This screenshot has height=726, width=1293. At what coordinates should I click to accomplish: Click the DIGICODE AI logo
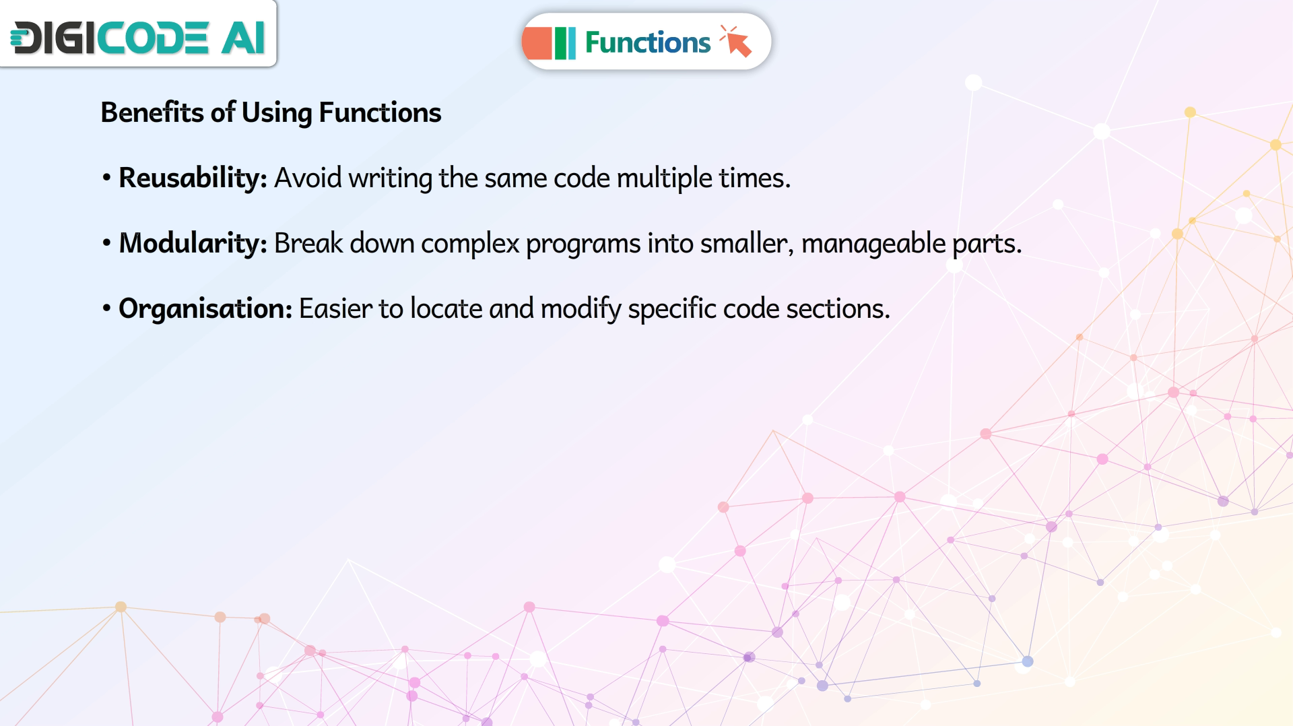(x=137, y=37)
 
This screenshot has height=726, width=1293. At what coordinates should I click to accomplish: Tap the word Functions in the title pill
(x=647, y=42)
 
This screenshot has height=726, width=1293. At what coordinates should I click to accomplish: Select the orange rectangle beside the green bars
(x=537, y=43)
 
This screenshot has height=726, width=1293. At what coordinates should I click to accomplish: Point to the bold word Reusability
(x=193, y=178)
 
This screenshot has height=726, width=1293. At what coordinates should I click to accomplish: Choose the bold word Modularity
(x=193, y=243)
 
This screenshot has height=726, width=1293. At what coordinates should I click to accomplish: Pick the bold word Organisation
(x=205, y=308)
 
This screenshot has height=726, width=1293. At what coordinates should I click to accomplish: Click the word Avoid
(x=308, y=178)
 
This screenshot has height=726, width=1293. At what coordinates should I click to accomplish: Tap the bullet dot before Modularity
(x=106, y=244)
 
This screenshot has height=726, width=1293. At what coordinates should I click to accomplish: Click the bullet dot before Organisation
(x=106, y=309)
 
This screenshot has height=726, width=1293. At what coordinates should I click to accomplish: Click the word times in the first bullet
(x=754, y=178)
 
